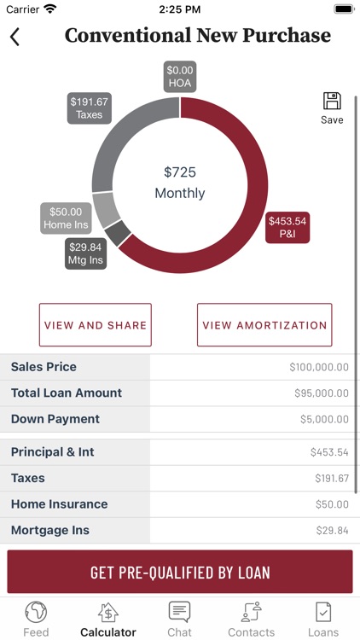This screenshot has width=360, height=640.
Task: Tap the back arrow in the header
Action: point(15,37)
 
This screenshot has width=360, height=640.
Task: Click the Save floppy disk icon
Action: point(332,102)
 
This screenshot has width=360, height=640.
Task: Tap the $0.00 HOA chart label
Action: point(180,76)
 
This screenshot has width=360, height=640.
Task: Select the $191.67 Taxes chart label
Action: point(89,108)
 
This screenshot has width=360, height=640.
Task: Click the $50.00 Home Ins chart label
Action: point(66,218)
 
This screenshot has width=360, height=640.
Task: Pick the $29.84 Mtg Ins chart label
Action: point(86,254)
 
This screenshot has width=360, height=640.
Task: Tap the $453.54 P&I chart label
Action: point(287,227)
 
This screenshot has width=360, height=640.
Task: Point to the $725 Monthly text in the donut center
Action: point(180,183)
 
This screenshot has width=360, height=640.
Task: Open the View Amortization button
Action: point(264,325)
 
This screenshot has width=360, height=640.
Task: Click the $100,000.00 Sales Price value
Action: point(318,368)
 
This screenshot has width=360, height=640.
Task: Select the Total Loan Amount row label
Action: point(67,393)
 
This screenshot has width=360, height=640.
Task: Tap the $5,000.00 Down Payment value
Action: point(322,420)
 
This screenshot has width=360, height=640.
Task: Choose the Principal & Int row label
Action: point(53,452)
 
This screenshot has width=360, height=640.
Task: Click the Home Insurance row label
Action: point(60,504)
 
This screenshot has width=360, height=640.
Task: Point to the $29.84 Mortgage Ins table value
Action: point(331,531)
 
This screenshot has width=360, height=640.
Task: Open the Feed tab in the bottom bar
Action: point(36,619)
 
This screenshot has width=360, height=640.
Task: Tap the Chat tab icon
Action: point(179,612)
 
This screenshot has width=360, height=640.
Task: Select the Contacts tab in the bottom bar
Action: point(251,619)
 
